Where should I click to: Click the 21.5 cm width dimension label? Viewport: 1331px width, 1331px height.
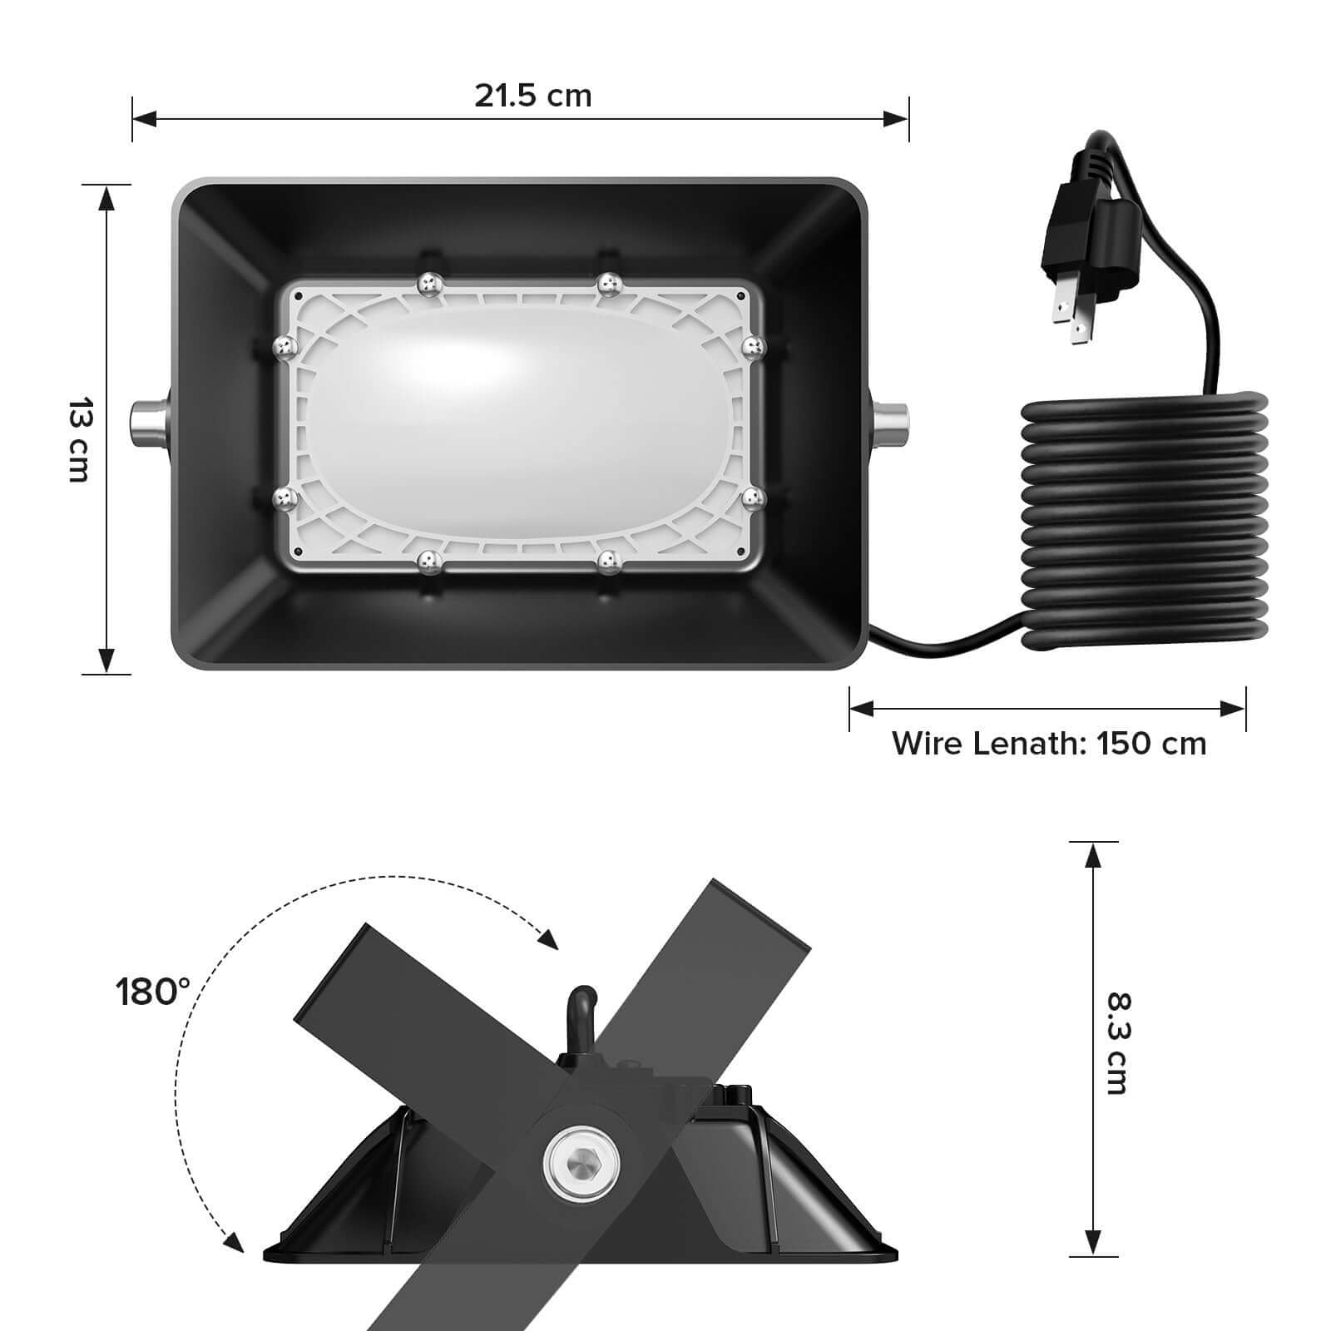click(533, 96)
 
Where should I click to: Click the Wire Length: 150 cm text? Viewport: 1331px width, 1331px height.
click(1049, 743)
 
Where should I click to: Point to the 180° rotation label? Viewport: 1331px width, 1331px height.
click(152, 992)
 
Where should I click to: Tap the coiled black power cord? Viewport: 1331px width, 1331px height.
click(1145, 524)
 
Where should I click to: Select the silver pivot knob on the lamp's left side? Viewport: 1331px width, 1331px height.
click(149, 423)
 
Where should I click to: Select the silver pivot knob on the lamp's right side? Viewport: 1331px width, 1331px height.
click(890, 423)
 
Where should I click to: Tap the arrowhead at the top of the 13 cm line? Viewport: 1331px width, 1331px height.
click(106, 196)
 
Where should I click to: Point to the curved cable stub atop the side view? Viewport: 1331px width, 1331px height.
click(579, 1011)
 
